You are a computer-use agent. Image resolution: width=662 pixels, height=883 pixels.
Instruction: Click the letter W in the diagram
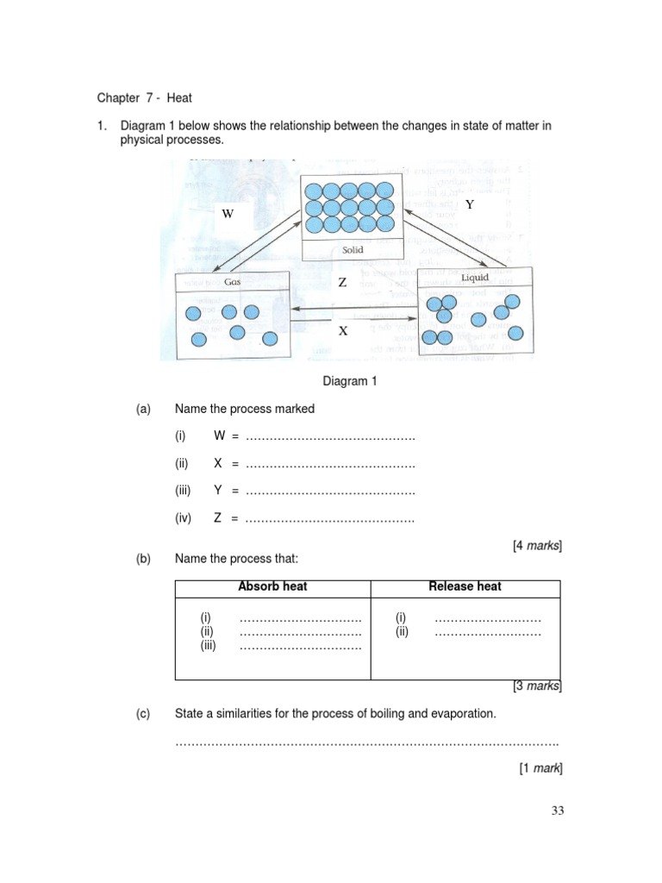[228, 213]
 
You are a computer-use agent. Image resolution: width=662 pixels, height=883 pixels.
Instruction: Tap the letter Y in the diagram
[469, 204]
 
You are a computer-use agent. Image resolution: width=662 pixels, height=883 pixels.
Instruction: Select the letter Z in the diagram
[342, 283]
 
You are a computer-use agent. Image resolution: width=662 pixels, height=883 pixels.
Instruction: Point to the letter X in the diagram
[342, 331]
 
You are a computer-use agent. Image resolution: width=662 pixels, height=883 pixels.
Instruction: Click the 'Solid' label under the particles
[352, 250]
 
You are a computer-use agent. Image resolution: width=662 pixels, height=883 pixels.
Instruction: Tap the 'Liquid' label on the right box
[475, 277]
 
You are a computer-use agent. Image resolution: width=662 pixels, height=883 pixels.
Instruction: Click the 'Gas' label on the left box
[232, 281]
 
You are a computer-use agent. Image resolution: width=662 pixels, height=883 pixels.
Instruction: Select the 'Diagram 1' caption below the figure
[350, 380]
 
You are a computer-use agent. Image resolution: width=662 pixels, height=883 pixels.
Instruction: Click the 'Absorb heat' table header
[272, 586]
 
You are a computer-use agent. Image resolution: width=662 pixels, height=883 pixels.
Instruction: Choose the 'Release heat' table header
[465, 586]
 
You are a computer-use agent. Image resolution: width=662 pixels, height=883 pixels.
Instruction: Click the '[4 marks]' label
[537, 545]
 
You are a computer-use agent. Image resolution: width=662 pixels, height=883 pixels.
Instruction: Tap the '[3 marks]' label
[537, 686]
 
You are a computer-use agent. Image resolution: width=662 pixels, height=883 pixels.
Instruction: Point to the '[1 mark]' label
[540, 767]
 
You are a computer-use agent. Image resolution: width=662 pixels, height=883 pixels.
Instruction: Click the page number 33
[556, 811]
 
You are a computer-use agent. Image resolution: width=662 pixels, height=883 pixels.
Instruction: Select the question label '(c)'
[143, 714]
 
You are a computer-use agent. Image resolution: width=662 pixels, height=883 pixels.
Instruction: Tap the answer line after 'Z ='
[330, 518]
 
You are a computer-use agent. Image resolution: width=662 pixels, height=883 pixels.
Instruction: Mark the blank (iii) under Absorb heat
[300, 646]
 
